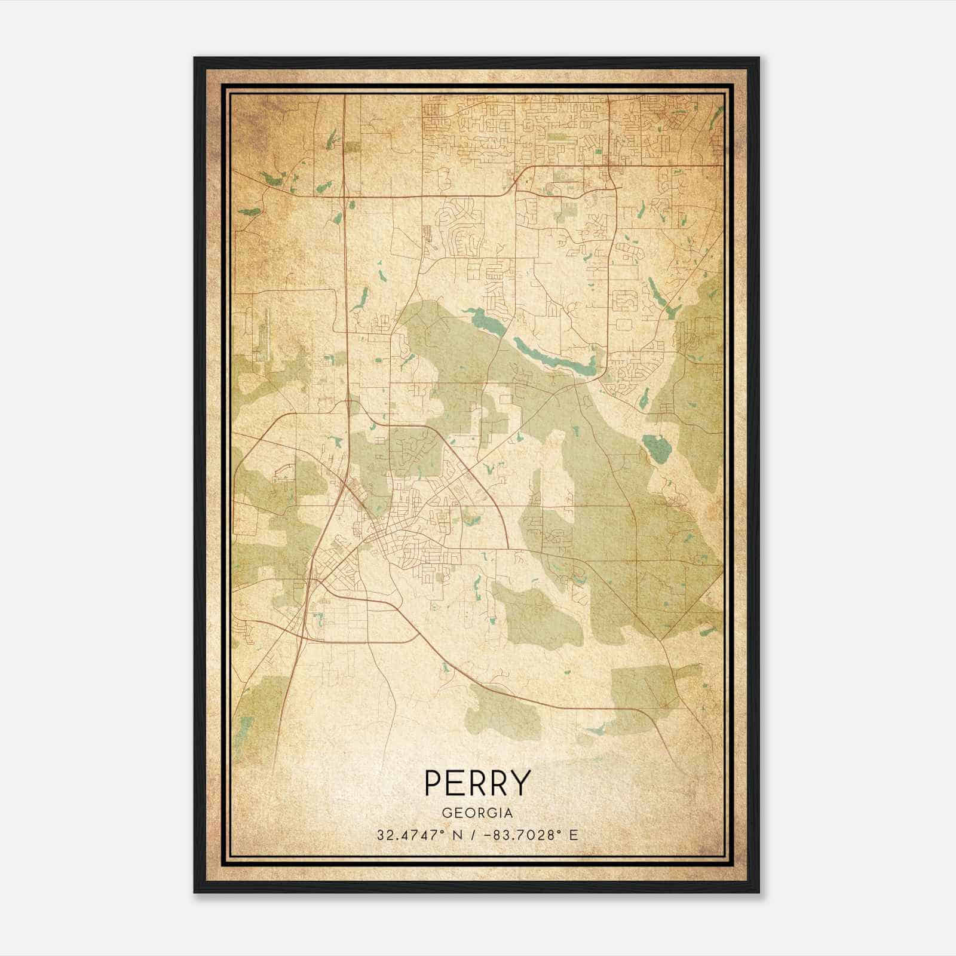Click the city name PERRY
pos(477,782)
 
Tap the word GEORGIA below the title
pos(477,813)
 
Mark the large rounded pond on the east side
pos(656,448)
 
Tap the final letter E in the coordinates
pos(574,835)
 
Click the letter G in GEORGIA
pos(447,813)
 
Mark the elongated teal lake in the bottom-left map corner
pos(243,726)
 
